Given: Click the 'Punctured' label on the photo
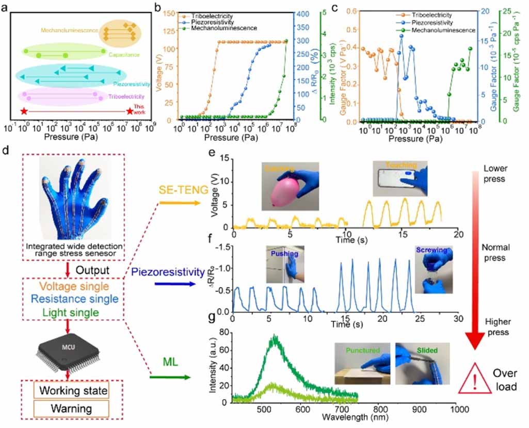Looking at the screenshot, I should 363,351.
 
